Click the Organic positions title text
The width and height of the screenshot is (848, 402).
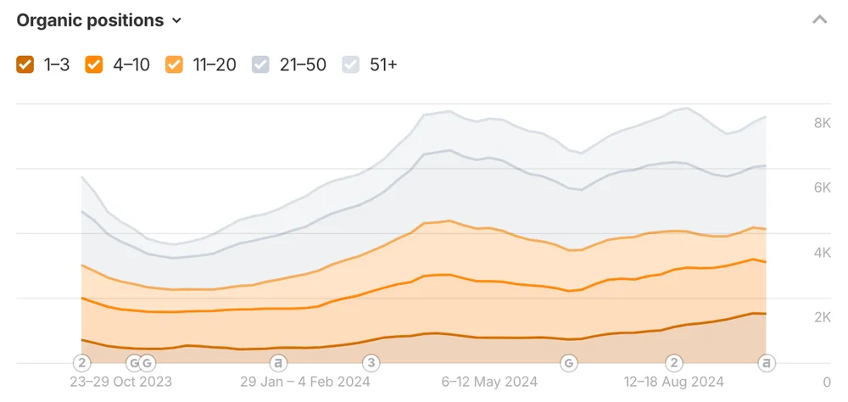89,20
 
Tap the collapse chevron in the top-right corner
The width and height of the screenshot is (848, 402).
819,20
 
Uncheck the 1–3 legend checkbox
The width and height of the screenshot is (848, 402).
25,64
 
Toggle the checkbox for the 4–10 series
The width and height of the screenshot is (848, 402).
94,64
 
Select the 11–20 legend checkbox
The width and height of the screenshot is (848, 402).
174,64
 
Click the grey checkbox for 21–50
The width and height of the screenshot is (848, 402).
261,64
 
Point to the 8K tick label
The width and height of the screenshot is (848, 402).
822,123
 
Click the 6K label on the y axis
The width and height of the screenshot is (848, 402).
822,187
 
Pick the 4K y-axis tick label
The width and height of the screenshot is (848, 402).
822,253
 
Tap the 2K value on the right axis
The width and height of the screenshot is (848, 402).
822,317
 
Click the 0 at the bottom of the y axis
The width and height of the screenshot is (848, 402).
827,382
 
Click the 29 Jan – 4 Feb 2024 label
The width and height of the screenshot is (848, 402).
305,382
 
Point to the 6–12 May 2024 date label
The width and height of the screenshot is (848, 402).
489,382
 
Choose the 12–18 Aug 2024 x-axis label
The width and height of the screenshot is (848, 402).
673,382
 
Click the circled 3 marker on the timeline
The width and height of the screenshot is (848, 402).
371,363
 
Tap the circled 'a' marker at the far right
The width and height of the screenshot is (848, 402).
767,363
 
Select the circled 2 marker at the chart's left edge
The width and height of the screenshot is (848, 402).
81,363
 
